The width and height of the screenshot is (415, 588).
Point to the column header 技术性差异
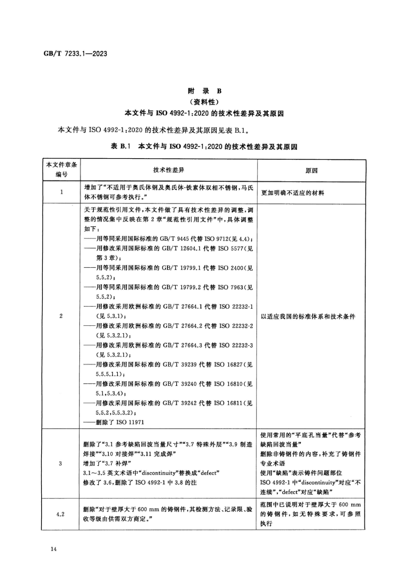tap(169, 170)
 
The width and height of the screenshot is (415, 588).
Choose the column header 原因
tap(311, 171)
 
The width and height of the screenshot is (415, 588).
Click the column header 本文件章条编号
tap(61, 170)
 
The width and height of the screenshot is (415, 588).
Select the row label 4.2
tap(60, 514)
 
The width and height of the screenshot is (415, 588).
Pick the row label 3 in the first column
tap(60, 463)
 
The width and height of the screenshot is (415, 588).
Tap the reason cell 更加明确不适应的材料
tap(292, 193)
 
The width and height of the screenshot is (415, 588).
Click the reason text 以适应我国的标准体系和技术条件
tap(308, 317)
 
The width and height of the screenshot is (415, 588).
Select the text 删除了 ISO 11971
tap(120, 422)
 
